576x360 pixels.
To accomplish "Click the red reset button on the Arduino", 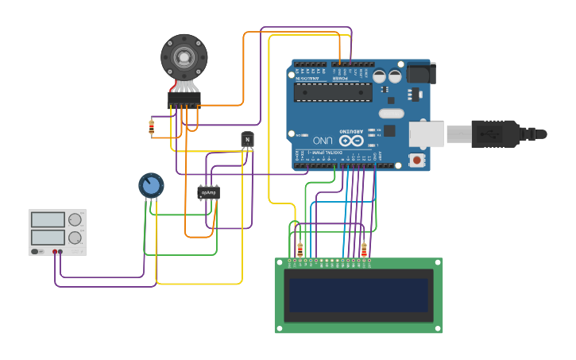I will pos(416,160).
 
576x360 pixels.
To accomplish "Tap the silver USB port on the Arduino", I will pos(427,134).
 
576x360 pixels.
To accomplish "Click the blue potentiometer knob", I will pos(151,185).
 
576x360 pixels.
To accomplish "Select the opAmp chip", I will pos(208,192).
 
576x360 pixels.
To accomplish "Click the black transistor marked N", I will pos(248,140).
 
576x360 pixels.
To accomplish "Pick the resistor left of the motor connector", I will pos(152,126).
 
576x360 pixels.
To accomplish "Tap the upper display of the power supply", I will pos(48,219).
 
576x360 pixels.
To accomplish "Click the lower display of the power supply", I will pos(48,237).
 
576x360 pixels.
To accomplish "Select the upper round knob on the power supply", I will pos(75,219).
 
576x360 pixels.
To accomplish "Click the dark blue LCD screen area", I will pos(358,295).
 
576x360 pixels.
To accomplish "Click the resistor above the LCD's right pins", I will pos(364,250).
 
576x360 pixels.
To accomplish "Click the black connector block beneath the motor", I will pos(184,99).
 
